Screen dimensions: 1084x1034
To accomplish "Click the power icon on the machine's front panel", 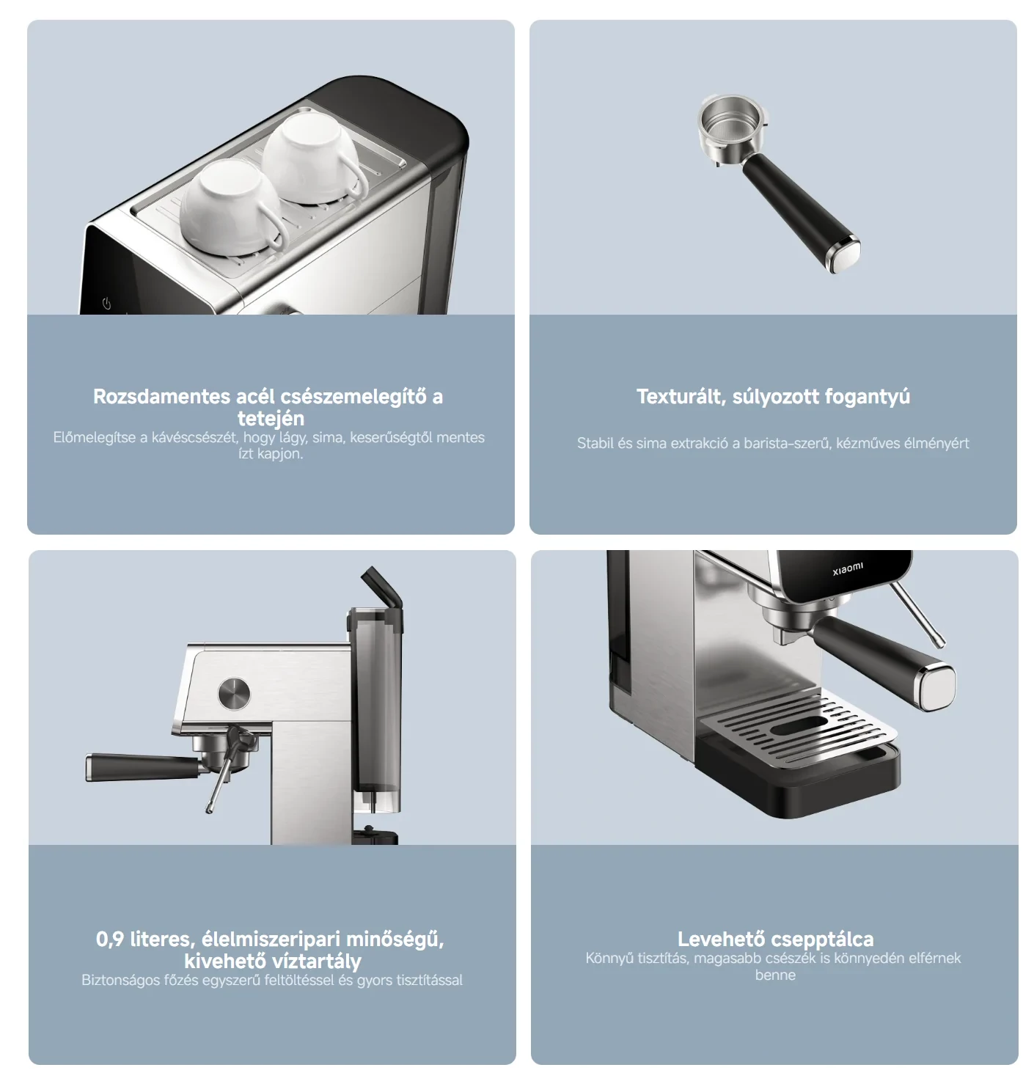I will coord(106,304).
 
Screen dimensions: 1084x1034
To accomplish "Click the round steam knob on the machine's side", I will coord(234,693).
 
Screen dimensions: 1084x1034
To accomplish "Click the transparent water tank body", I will coord(375,704).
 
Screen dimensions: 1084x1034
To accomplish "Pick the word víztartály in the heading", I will coord(313,961).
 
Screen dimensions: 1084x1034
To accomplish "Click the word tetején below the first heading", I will coord(271,418).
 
